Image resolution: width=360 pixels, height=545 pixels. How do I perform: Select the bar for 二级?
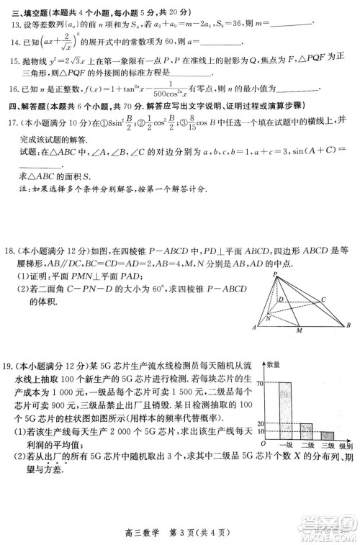307,433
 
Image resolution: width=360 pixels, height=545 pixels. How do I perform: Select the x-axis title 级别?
346,448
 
